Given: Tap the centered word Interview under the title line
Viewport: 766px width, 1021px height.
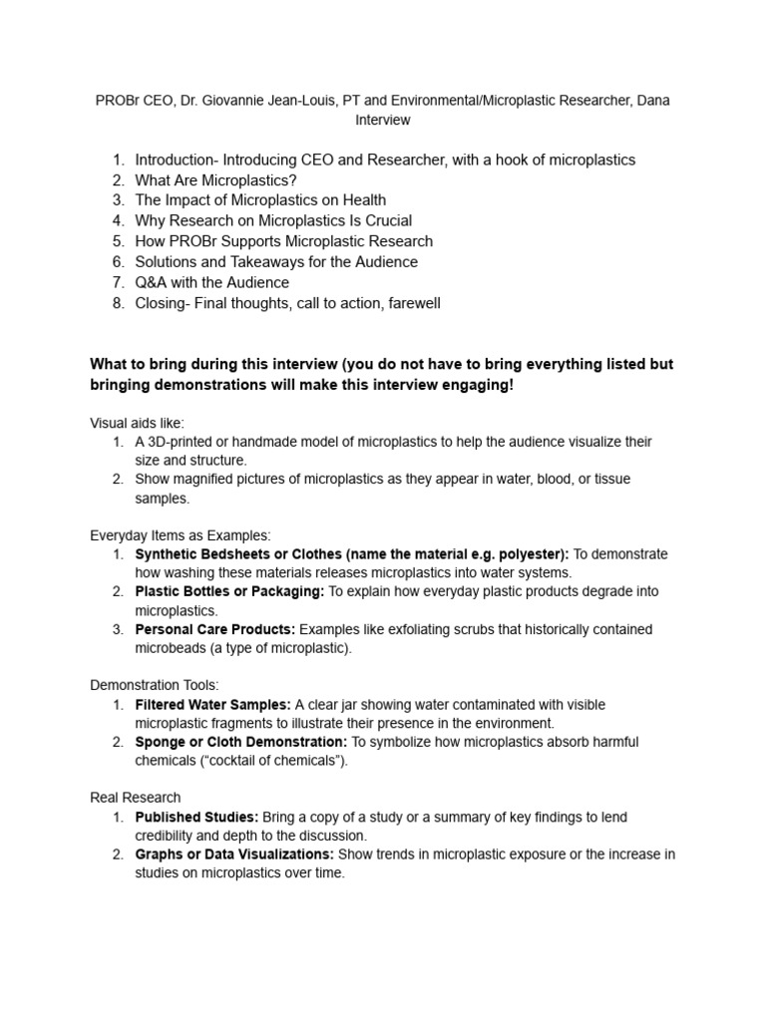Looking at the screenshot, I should [383, 120].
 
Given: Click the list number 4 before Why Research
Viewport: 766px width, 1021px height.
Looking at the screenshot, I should [118, 220].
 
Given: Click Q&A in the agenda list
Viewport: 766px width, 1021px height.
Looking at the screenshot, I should [153, 282].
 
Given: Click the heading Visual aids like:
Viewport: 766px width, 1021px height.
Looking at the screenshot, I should [137, 424].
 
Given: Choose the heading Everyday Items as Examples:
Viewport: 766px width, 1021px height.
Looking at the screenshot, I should [181, 535].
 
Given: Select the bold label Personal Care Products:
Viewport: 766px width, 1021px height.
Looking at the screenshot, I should [215, 630].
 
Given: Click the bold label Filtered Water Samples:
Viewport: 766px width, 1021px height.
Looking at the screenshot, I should [212, 705].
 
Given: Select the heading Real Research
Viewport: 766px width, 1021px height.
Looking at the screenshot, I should [136, 798].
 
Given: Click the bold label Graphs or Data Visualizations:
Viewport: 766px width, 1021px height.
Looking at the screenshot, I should [235, 854].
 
